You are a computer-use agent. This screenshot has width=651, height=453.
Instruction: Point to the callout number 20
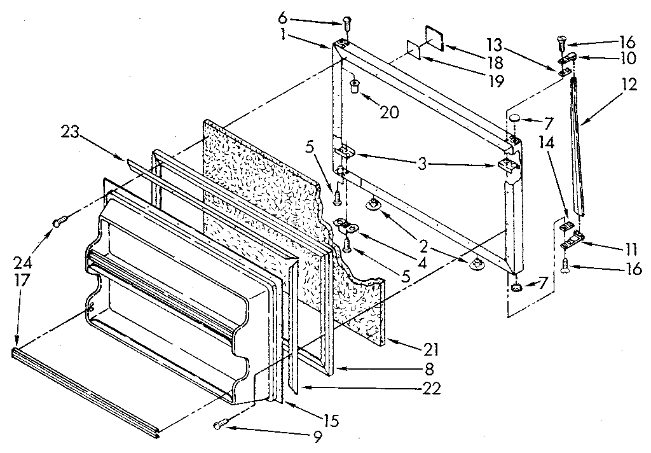[390, 112]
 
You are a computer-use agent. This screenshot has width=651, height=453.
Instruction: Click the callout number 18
[493, 62]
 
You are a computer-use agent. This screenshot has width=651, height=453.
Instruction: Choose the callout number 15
[331, 420]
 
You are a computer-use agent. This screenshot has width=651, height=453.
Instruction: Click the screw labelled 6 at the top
[346, 24]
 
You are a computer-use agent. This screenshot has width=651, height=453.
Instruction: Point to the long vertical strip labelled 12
[579, 146]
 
